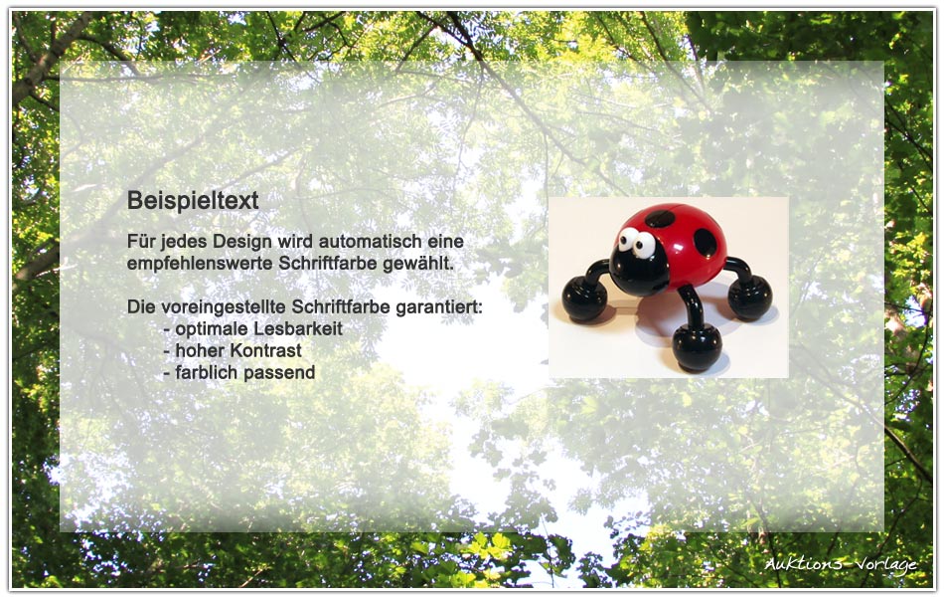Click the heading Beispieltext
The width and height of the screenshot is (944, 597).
coord(193,201)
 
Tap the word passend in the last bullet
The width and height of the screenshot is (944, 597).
coord(279,373)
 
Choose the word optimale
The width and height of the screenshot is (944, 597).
coord(212,329)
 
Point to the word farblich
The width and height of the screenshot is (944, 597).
coord(207,373)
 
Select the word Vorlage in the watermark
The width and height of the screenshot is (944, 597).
coord(886,565)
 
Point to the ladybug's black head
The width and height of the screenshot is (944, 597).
coord(638,269)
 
